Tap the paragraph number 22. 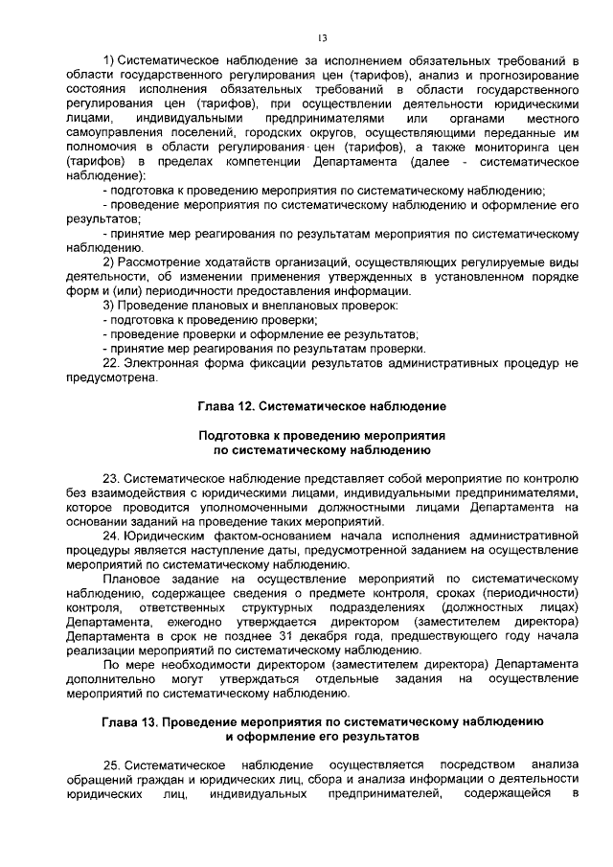110,363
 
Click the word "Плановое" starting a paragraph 133,578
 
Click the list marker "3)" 109,306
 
